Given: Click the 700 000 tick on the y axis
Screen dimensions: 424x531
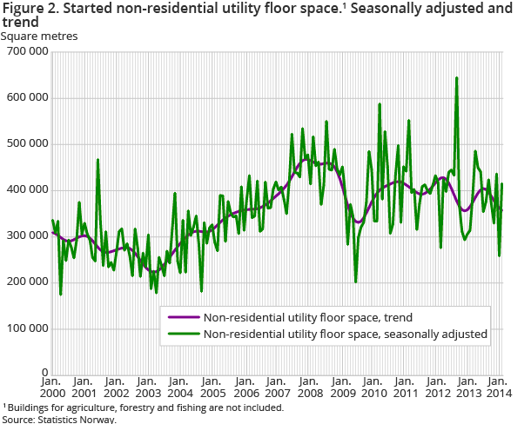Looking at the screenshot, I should coord(25,52).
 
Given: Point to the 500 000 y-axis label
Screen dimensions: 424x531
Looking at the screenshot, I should coord(25,143).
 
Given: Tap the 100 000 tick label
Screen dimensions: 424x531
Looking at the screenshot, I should coord(25,328).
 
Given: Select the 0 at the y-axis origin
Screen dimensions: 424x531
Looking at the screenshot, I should coord(44,374).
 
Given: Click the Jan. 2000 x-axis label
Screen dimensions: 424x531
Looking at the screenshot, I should coord(52,388).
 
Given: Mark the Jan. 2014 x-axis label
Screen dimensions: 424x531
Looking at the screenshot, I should coord(499,388).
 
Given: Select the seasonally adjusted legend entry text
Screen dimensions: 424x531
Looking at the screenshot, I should coord(345,333).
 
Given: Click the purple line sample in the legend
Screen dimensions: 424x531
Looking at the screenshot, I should coord(183,317).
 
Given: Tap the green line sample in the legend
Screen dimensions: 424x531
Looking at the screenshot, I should coord(183,333).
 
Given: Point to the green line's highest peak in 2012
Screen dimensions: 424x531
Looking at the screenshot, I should coord(457,78).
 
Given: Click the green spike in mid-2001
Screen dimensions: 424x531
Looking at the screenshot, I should coord(97,160).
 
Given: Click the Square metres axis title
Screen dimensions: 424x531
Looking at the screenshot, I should coord(39,36).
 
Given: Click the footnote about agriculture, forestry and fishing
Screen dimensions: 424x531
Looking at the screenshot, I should coord(144,407).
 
